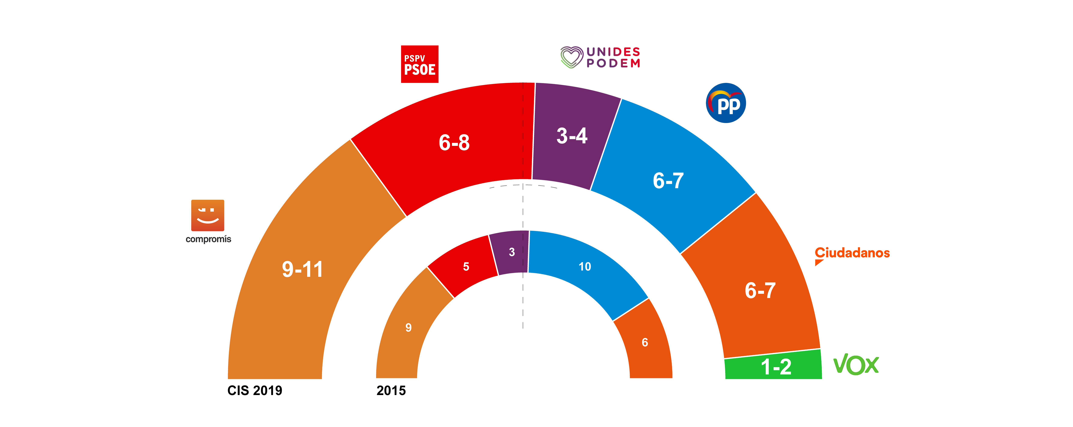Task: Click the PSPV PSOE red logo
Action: [419, 64]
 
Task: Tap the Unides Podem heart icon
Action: [571, 57]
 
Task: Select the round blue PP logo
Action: [726, 103]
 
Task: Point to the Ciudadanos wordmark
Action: [852, 253]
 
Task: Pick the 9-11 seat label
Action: [302, 269]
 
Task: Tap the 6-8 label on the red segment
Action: [454, 143]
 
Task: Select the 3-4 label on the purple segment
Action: [572, 136]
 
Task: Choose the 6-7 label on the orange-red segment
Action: [760, 290]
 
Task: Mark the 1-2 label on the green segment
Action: [776, 367]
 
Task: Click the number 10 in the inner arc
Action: [585, 267]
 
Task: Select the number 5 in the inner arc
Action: [466, 267]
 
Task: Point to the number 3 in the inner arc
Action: [512, 252]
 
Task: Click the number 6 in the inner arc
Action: [645, 342]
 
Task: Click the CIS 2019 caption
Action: [254, 391]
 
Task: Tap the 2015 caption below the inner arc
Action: [391, 391]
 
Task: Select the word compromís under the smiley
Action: [208, 239]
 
